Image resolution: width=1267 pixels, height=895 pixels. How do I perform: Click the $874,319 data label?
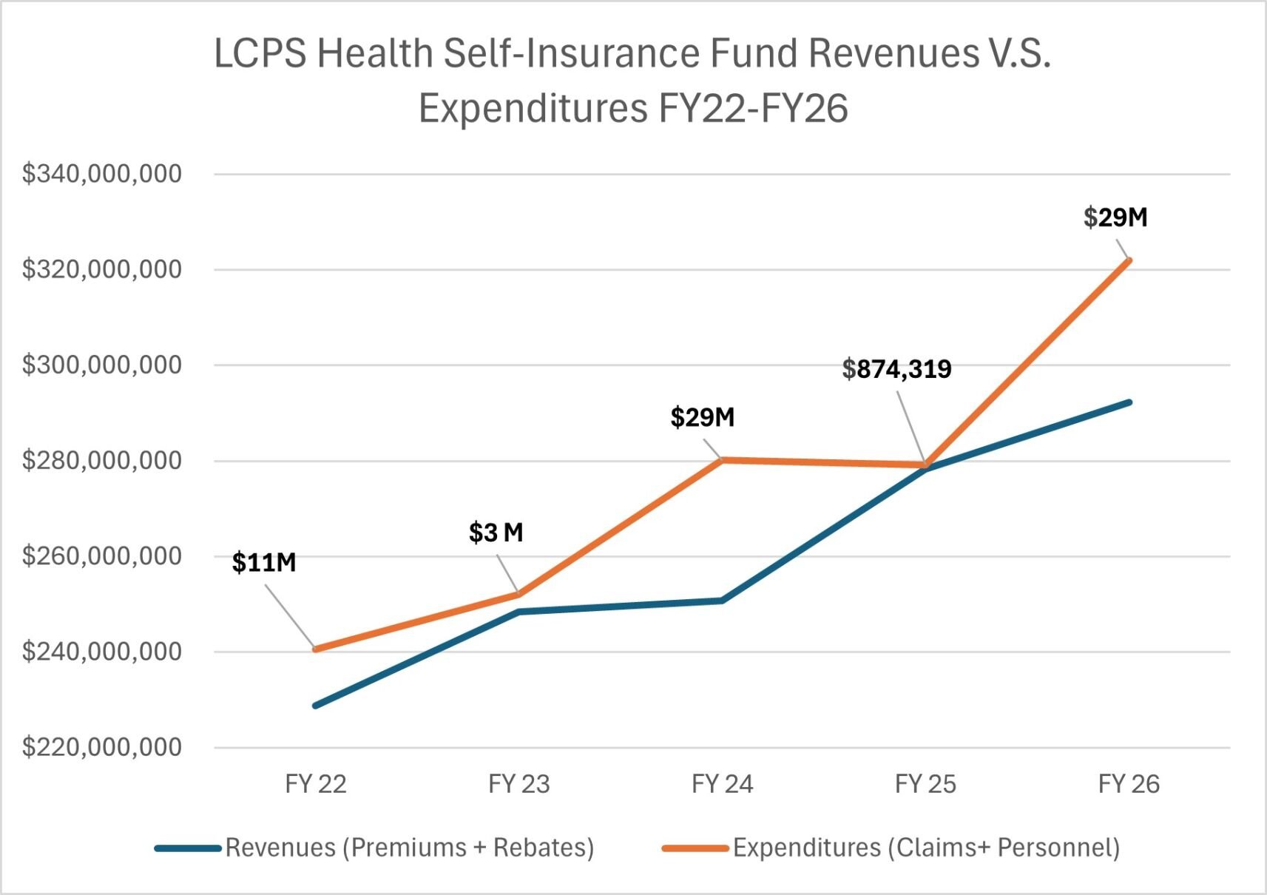point(896,368)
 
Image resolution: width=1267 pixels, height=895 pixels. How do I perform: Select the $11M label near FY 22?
point(263,563)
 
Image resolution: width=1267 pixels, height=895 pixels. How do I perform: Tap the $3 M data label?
point(496,533)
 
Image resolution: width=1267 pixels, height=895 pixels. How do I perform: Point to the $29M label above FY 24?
point(702,417)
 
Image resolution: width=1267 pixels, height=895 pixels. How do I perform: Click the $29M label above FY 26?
point(1115,217)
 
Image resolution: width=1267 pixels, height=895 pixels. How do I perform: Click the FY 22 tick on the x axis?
point(316,784)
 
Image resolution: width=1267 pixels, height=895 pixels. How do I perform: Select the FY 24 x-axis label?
point(722,784)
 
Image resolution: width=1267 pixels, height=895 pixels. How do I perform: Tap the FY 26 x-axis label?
point(1129,784)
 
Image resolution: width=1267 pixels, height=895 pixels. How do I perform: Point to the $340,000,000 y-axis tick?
point(101,174)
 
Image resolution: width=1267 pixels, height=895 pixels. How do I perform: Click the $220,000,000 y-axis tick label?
point(101,747)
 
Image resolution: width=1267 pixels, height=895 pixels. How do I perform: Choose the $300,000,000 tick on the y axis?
point(101,365)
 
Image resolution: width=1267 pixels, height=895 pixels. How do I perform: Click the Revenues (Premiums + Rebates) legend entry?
point(409,848)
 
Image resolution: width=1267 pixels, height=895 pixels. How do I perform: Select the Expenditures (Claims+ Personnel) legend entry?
point(926,848)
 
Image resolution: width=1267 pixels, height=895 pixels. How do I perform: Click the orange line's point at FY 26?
point(1129,260)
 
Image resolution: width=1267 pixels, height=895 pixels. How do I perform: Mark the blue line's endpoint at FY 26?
point(1129,402)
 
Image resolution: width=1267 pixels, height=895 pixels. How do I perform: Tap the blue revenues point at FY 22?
point(317,706)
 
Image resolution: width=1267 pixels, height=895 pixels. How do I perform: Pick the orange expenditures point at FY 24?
point(722,460)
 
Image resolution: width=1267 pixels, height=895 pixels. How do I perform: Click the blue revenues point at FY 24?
point(722,600)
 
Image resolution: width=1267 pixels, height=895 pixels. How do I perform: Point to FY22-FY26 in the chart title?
point(752,109)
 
